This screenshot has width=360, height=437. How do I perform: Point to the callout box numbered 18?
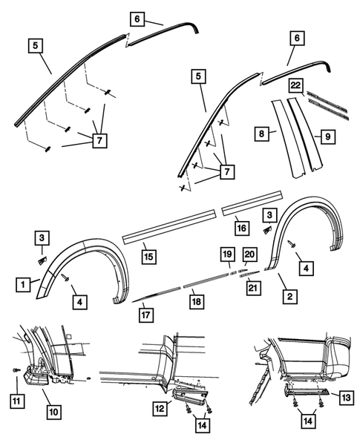coord(196,301)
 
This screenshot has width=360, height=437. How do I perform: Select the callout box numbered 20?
coord(249,254)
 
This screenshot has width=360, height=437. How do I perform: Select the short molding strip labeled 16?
coord(250,203)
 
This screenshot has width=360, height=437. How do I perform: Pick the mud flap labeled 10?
coord(37,375)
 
